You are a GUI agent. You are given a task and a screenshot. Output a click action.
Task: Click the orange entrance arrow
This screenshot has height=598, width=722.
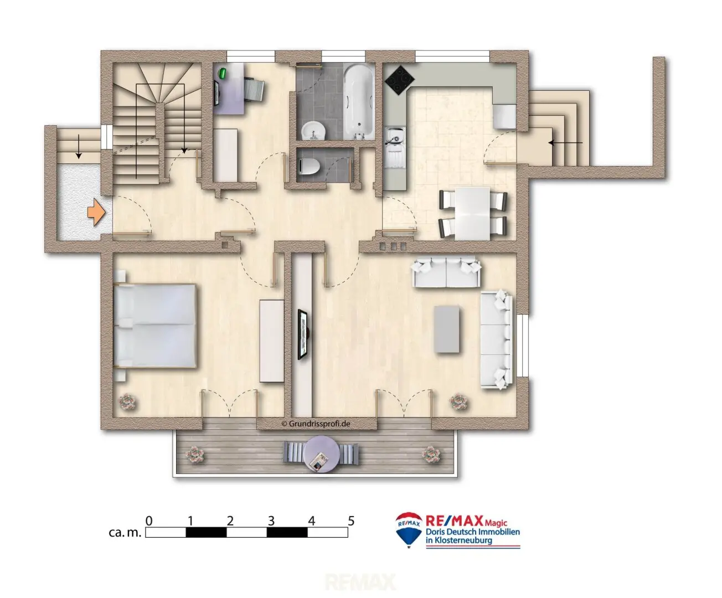[x=96, y=212]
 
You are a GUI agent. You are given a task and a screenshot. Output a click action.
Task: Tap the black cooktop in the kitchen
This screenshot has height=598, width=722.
[x=399, y=80]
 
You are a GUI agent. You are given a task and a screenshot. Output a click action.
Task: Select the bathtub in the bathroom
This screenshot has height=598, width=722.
[x=359, y=102]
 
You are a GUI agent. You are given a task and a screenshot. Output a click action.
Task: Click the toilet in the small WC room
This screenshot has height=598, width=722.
[x=308, y=166]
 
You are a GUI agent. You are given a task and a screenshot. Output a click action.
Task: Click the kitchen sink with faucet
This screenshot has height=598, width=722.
[x=395, y=147]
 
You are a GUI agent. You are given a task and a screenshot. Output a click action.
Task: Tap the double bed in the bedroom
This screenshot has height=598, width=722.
[x=155, y=326]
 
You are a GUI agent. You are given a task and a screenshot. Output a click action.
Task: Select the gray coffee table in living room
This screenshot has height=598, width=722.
[x=447, y=329]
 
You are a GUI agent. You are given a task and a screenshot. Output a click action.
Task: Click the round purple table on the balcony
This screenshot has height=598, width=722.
[x=321, y=454]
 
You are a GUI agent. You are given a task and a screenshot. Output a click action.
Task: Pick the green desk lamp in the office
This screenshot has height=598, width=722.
[x=223, y=73]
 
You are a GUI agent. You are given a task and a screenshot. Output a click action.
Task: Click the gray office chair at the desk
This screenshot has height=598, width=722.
[x=254, y=90]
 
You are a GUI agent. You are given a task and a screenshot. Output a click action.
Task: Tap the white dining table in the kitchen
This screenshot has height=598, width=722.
[x=472, y=213]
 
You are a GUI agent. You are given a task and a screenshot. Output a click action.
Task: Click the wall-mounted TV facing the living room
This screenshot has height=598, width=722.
[x=303, y=335]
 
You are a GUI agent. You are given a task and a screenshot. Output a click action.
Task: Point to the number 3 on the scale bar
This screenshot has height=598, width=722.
[x=271, y=520]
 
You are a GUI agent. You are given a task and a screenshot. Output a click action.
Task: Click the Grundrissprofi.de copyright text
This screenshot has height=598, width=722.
[x=316, y=424]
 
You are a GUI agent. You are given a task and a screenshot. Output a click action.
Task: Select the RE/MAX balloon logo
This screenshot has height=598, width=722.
[x=409, y=530]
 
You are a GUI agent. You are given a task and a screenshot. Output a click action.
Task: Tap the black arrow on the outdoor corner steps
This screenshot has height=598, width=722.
[x=565, y=142]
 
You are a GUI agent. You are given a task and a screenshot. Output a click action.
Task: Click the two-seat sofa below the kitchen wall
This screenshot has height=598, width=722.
[x=446, y=272]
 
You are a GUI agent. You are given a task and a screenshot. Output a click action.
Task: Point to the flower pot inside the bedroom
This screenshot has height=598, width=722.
[x=127, y=402]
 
